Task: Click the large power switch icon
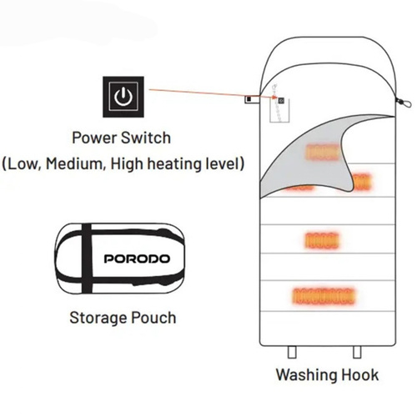pyautogui.click(x=123, y=97)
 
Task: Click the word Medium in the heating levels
pyautogui.click(x=75, y=163)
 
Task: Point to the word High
pyautogui.click(x=127, y=164)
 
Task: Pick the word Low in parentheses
pyautogui.click(x=23, y=163)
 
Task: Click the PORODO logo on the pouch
pyautogui.click(x=137, y=259)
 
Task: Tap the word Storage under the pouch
pyautogui.click(x=98, y=318)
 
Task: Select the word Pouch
pyautogui.click(x=153, y=318)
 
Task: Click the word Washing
pyautogui.click(x=307, y=375)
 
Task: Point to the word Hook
pyautogui.click(x=360, y=374)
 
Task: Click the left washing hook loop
pyautogui.click(x=292, y=352)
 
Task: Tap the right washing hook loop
pyautogui.click(x=357, y=352)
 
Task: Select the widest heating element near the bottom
pyautogui.click(x=324, y=296)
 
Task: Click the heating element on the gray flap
pyautogui.click(x=323, y=153)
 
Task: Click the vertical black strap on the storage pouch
pyautogui.click(x=87, y=259)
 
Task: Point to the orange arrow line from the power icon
pyautogui.click(x=214, y=93)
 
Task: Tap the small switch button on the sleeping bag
pyautogui.click(x=281, y=100)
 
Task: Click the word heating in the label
pyautogui.click(x=174, y=163)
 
